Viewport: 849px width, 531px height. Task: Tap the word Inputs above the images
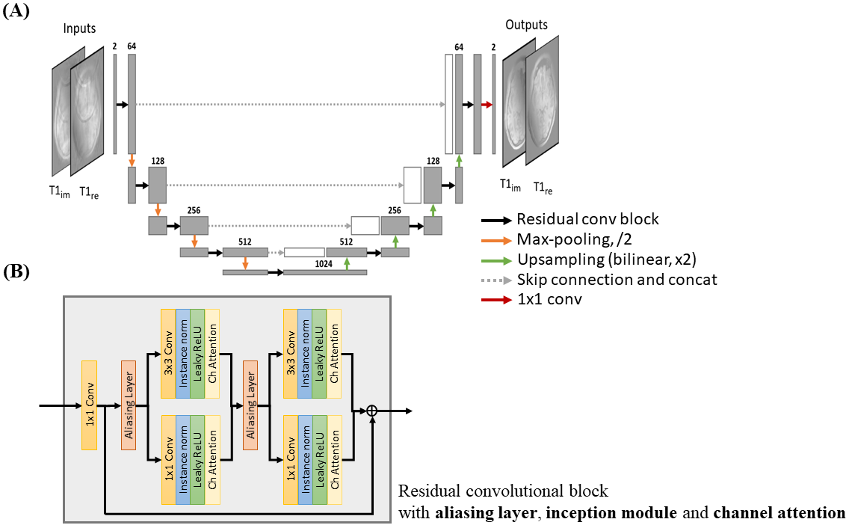(x=79, y=28)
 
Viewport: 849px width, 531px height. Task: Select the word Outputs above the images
(x=526, y=25)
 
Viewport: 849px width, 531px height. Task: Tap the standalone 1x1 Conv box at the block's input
(x=90, y=405)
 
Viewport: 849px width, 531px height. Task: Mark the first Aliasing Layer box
(x=129, y=405)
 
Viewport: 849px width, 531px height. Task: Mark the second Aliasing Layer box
(x=250, y=405)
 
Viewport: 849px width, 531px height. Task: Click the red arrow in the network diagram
(x=487, y=105)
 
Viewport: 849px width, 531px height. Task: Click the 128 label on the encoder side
(x=157, y=161)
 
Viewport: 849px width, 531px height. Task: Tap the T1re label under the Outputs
(x=543, y=188)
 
